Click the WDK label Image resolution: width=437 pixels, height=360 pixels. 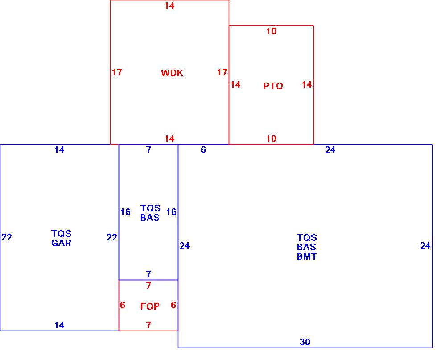[172, 73]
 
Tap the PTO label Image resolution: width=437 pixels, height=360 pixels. [273, 86]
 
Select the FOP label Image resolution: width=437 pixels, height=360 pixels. [150, 306]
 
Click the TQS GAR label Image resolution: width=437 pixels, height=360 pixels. [61, 238]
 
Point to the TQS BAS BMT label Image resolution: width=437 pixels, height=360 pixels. [307, 247]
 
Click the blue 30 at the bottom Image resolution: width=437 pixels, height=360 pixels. [305, 342]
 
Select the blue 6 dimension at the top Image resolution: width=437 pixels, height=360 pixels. [203, 150]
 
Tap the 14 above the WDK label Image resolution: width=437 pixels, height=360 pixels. [169, 6]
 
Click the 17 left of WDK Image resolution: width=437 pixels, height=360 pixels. [117, 72]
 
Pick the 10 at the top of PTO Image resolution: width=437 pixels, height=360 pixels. [271, 31]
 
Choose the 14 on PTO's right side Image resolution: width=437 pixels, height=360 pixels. [307, 85]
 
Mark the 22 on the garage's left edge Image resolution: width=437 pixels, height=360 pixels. [7, 237]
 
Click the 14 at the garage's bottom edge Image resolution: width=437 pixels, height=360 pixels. [59, 325]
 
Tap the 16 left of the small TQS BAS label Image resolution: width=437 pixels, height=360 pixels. [125, 212]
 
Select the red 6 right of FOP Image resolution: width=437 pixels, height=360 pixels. [173, 305]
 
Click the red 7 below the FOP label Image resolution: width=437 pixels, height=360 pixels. [148, 325]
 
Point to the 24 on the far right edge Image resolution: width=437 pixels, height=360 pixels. [425, 245]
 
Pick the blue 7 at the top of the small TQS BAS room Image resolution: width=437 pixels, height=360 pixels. [148, 150]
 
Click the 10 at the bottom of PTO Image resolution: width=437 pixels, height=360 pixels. [271, 139]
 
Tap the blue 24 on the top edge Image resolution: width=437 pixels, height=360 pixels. [330, 150]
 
